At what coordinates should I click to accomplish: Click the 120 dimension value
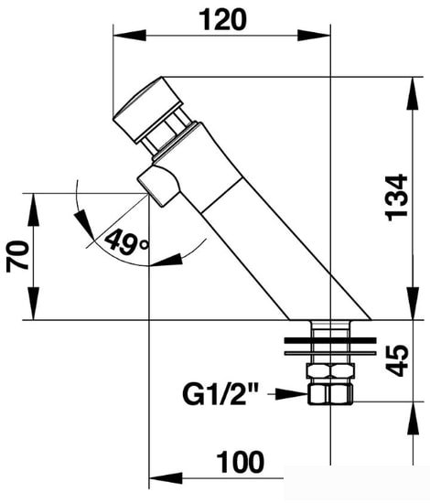click(222, 19)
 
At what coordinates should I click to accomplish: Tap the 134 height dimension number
click(397, 198)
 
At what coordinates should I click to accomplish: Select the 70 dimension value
click(17, 256)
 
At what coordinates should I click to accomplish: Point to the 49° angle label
click(127, 241)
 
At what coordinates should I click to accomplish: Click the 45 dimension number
click(397, 360)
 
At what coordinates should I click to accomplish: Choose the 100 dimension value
click(240, 462)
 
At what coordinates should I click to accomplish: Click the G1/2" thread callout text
click(220, 394)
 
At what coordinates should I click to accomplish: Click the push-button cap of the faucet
click(147, 109)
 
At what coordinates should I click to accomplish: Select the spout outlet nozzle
click(158, 185)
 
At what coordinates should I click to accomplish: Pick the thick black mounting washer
click(330, 340)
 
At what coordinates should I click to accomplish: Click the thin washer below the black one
click(330, 354)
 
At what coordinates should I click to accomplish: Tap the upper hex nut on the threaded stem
click(331, 370)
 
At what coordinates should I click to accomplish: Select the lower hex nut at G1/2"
click(330, 394)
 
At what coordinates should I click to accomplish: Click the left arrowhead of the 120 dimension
click(130, 36)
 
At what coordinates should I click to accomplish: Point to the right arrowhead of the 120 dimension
click(314, 36)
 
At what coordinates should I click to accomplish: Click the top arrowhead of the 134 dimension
click(413, 93)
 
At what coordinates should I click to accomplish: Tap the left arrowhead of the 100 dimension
click(166, 478)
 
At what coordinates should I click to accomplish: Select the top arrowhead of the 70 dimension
click(33, 209)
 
